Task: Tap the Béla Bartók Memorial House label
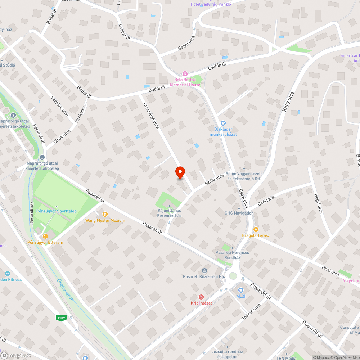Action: tap(185, 82)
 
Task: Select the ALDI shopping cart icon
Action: tap(241, 290)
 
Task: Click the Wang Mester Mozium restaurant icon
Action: tap(105, 214)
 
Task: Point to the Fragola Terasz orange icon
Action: tap(256, 229)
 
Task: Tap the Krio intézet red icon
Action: tap(201, 297)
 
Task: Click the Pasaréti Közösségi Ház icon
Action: tap(204, 271)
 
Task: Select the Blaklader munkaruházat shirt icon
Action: tap(222, 123)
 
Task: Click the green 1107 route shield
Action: tap(61, 318)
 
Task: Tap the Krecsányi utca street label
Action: tap(151, 116)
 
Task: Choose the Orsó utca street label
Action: tap(330, 270)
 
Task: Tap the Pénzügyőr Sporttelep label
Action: tap(56, 211)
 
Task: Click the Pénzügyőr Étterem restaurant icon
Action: tap(45, 236)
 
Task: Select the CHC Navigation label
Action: tap(239, 213)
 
